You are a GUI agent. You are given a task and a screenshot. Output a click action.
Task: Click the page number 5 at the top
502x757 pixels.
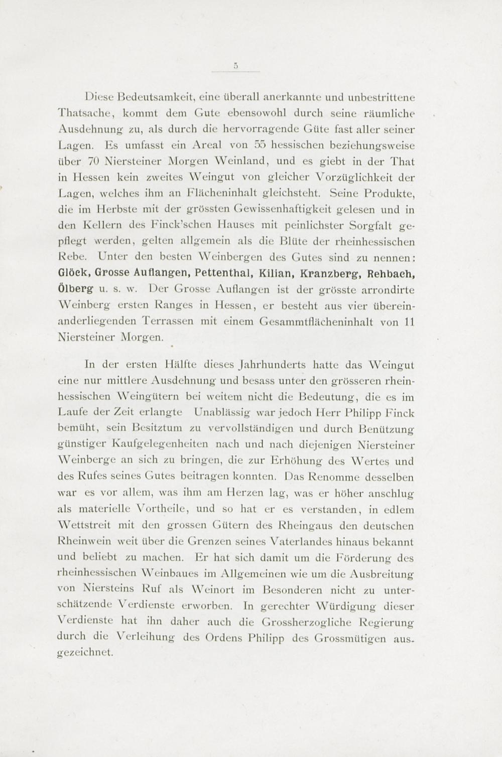235,64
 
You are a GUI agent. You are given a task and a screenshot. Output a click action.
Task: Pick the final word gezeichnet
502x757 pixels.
86,655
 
